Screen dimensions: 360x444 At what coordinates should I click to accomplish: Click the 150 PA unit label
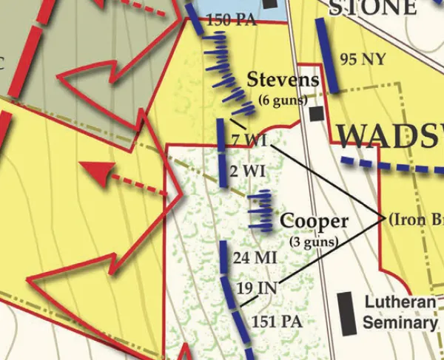coord(232,21)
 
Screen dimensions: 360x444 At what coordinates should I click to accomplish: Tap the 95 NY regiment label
coord(363,59)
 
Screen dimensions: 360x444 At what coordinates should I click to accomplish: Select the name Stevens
coord(283,80)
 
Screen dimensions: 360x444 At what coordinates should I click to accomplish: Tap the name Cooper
coord(314,221)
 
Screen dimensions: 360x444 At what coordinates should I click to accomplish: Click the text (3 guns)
coord(314,241)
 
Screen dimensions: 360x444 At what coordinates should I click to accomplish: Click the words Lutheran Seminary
coord(400,312)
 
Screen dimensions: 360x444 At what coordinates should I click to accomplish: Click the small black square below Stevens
coord(317,115)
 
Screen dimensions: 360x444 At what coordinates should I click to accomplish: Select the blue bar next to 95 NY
coord(326,55)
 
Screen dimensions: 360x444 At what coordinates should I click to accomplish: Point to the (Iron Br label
coord(415,219)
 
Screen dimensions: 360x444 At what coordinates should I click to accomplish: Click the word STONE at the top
coord(373,7)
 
